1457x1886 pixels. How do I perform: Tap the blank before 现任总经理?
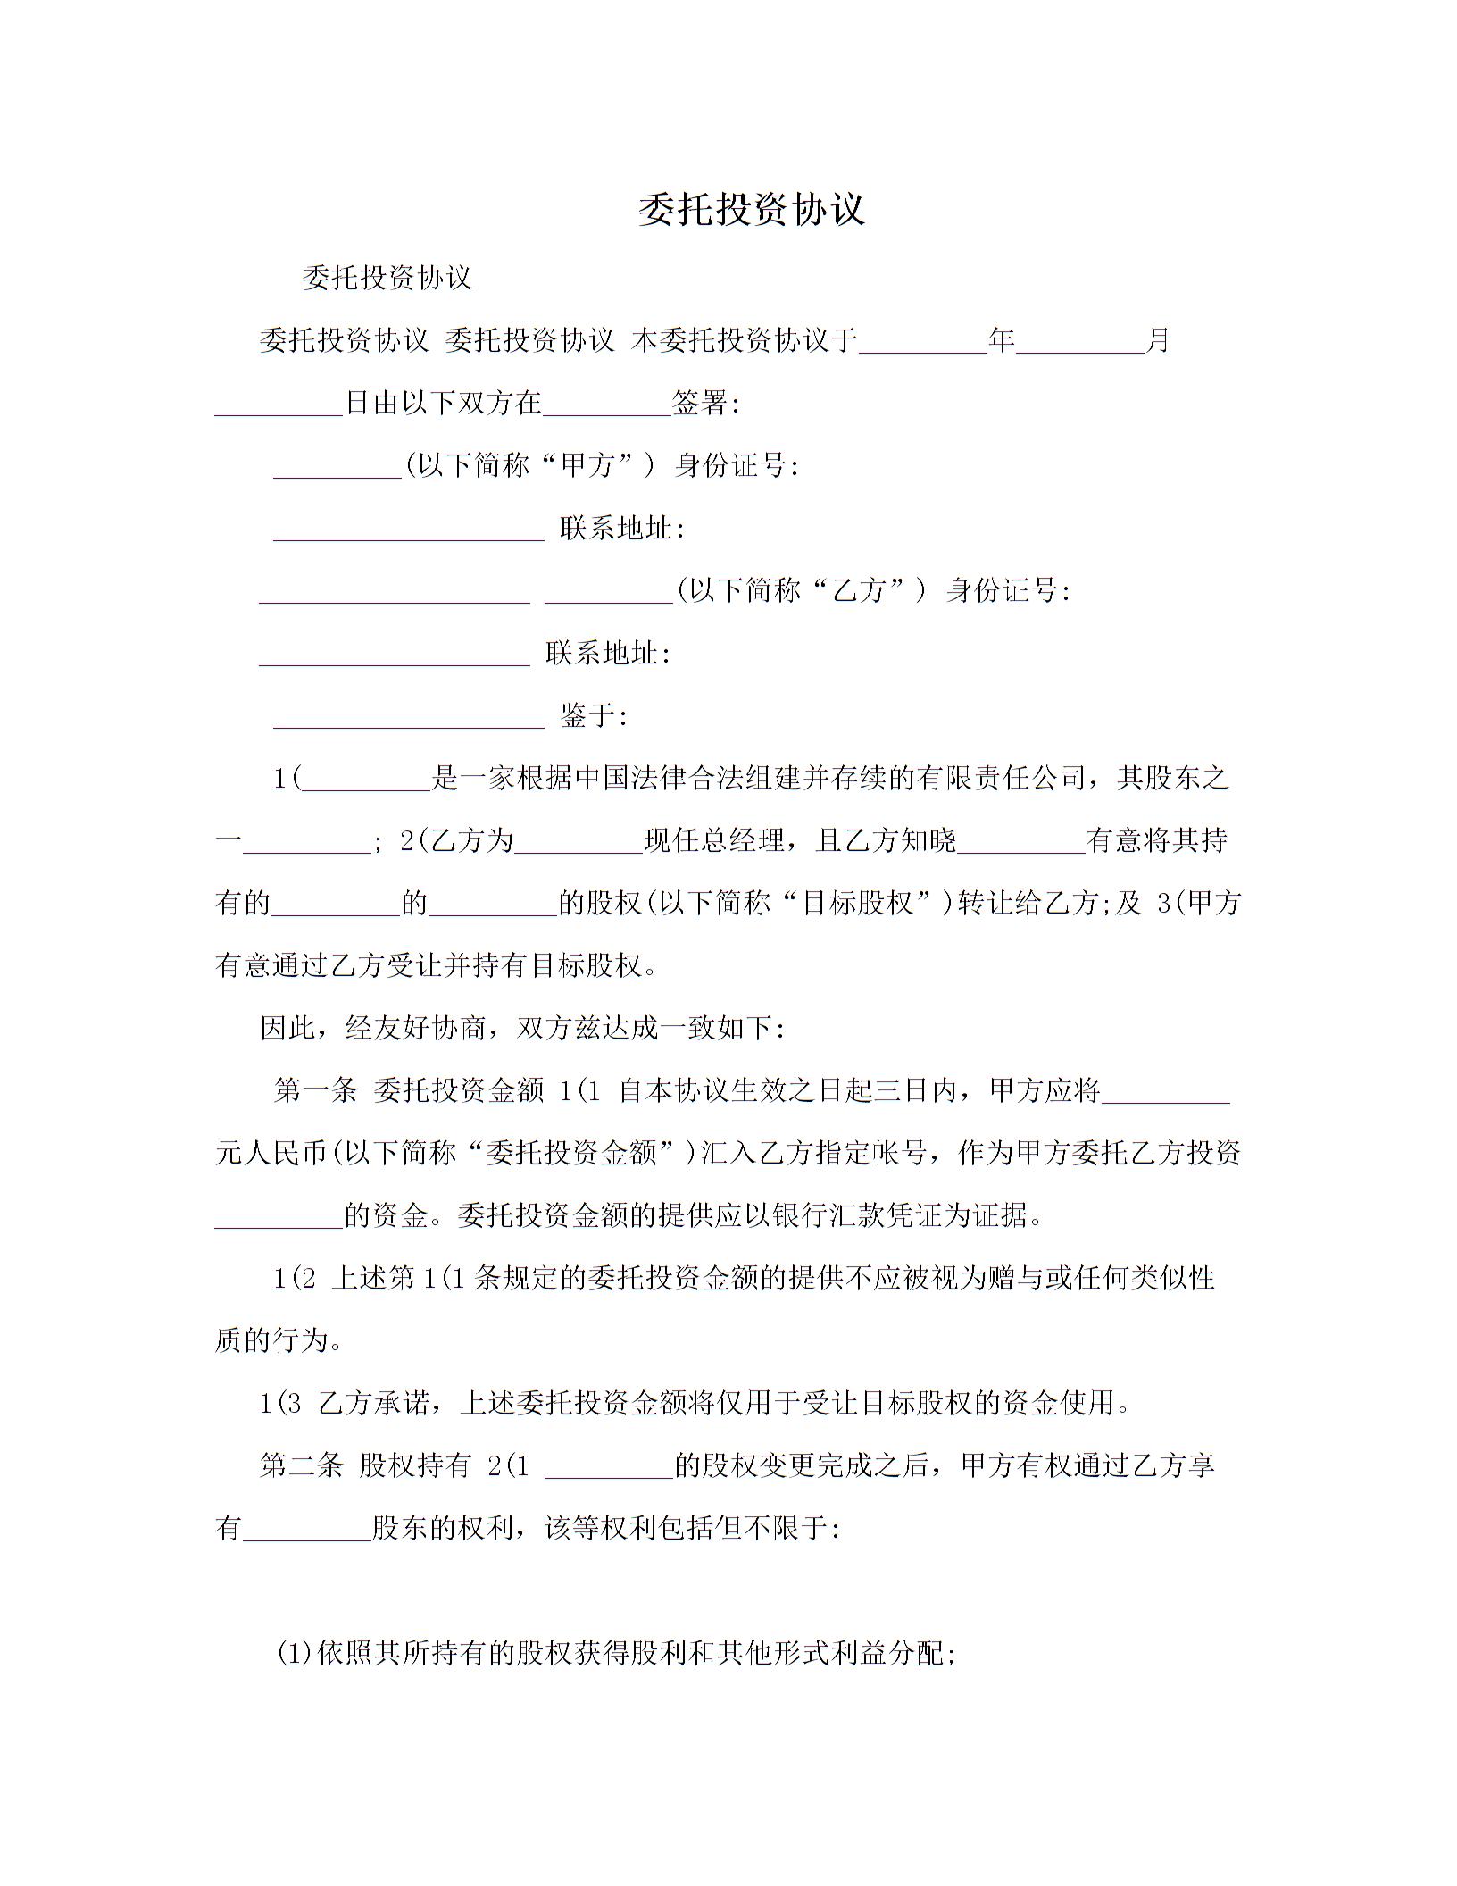click(x=579, y=841)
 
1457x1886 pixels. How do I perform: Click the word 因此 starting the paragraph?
click(x=287, y=1029)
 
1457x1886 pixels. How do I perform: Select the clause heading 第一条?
click(x=315, y=1091)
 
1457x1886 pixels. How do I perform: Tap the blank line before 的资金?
click(x=279, y=1216)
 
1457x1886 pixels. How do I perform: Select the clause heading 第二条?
click(x=301, y=1466)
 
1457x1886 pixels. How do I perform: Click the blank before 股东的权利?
click(x=306, y=1529)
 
